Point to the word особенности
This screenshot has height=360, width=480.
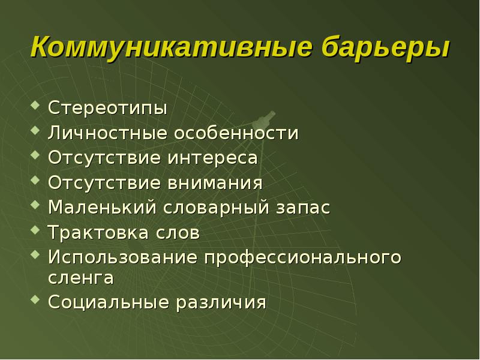tap(236, 133)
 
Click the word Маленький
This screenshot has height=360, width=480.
tap(103, 208)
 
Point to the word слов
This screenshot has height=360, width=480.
tap(178, 233)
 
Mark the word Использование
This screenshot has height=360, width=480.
tap(123, 258)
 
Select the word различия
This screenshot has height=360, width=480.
tap(221, 302)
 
